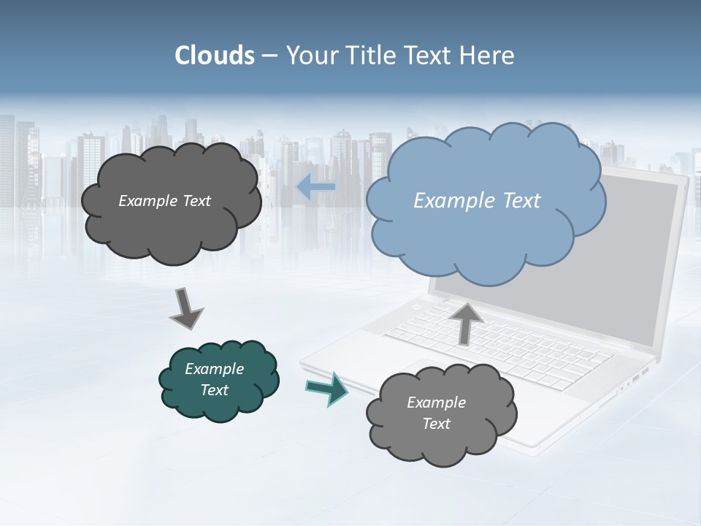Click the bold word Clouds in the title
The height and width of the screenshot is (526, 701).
pos(215,56)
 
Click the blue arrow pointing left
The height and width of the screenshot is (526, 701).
pos(316,188)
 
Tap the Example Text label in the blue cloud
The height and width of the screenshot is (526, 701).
pos(477,201)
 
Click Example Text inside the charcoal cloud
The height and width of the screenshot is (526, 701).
pos(164,201)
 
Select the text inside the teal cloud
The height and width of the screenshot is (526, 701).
pos(215,379)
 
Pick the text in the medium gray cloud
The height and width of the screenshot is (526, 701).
pos(436,413)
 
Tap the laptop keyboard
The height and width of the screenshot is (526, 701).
pos(504,347)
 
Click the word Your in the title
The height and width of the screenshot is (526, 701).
pos(310,56)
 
